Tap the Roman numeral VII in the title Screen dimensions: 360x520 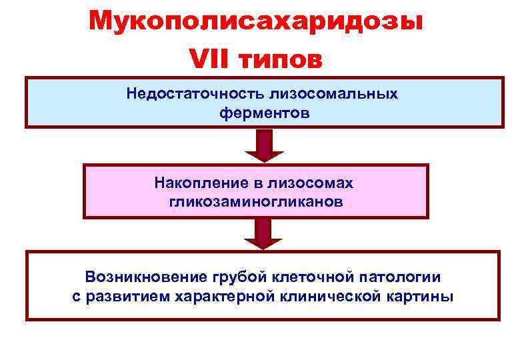point(209,59)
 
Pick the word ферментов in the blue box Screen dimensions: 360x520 point(265,113)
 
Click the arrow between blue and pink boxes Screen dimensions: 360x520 point(265,146)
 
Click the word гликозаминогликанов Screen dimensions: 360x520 point(257,201)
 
